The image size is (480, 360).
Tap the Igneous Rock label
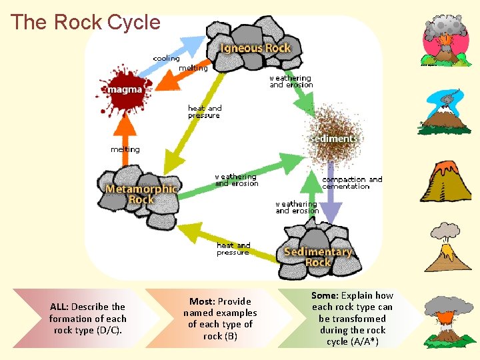[x=256, y=48]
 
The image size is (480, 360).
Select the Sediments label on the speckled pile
[x=334, y=139]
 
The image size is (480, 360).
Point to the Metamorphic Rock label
[x=141, y=194]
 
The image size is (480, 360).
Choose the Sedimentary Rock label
[x=317, y=257]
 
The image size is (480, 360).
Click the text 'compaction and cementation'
[x=352, y=183]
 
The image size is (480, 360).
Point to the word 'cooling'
[x=166, y=58]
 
